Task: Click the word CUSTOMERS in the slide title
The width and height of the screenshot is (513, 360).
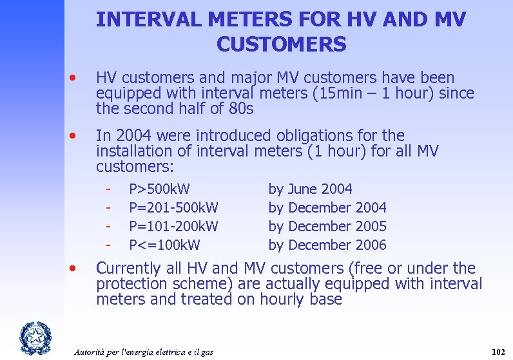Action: pyautogui.click(x=282, y=44)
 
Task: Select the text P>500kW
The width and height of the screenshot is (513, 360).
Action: pyautogui.click(x=159, y=189)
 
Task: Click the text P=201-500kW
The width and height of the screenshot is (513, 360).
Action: pyautogui.click(x=173, y=208)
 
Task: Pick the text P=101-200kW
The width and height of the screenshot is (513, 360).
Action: pyautogui.click(x=173, y=227)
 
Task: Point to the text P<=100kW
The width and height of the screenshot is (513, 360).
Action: pyautogui.click(x=164, y=245)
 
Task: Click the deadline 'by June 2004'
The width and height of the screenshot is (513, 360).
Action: pyautogui.click(x=310, y=189)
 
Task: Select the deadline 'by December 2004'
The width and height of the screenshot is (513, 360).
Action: pyautogui.click(x=327, y=208)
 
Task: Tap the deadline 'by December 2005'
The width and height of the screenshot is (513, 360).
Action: pyautogui.click(x=327, y=227)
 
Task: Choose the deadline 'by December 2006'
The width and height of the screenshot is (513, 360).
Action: pyautogui.click(x=327, y=245)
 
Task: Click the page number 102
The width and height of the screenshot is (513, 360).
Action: pyautogui.click(x=498, y=352)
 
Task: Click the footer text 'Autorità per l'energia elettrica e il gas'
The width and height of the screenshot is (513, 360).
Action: pyautogui.click(x=144, y=352)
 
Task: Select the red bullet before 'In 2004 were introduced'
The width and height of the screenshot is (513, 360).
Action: pyautogui.click(x=75, y=137)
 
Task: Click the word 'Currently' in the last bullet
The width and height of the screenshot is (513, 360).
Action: pyautogui.click(x=128, y=269)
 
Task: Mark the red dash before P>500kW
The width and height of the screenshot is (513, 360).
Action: pyautogui.click(x=110, y=189)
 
